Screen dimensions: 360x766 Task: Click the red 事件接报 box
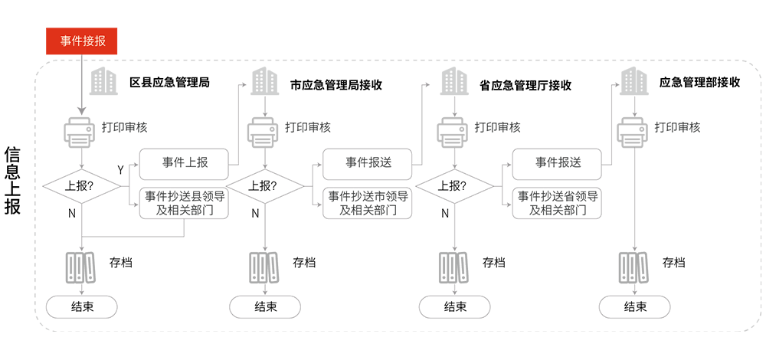[x=82, y=41]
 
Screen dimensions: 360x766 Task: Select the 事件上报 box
[x=184, y=162]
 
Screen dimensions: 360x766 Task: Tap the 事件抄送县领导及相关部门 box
[x=184, y=203]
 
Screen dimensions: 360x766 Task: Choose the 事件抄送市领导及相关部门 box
[x=368, y=203]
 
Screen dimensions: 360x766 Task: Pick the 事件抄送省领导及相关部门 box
[x=557, y=203]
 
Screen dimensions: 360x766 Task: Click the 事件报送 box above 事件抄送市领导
[x=368, y=162]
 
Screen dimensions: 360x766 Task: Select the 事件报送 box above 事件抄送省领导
[x=557, y=162]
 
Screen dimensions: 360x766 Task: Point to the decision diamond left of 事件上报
[x=82, y=186]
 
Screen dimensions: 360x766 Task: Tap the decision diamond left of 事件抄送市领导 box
[x=264, y=186]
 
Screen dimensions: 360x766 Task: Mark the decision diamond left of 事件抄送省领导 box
[x=453, y=186]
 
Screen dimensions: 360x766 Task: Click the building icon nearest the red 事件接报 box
[x=102, y=81]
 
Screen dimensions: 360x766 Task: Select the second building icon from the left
[x=264, y=81]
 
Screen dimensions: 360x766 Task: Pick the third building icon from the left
[x=454, y=81]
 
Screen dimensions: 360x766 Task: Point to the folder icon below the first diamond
[x=80, y=268]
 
